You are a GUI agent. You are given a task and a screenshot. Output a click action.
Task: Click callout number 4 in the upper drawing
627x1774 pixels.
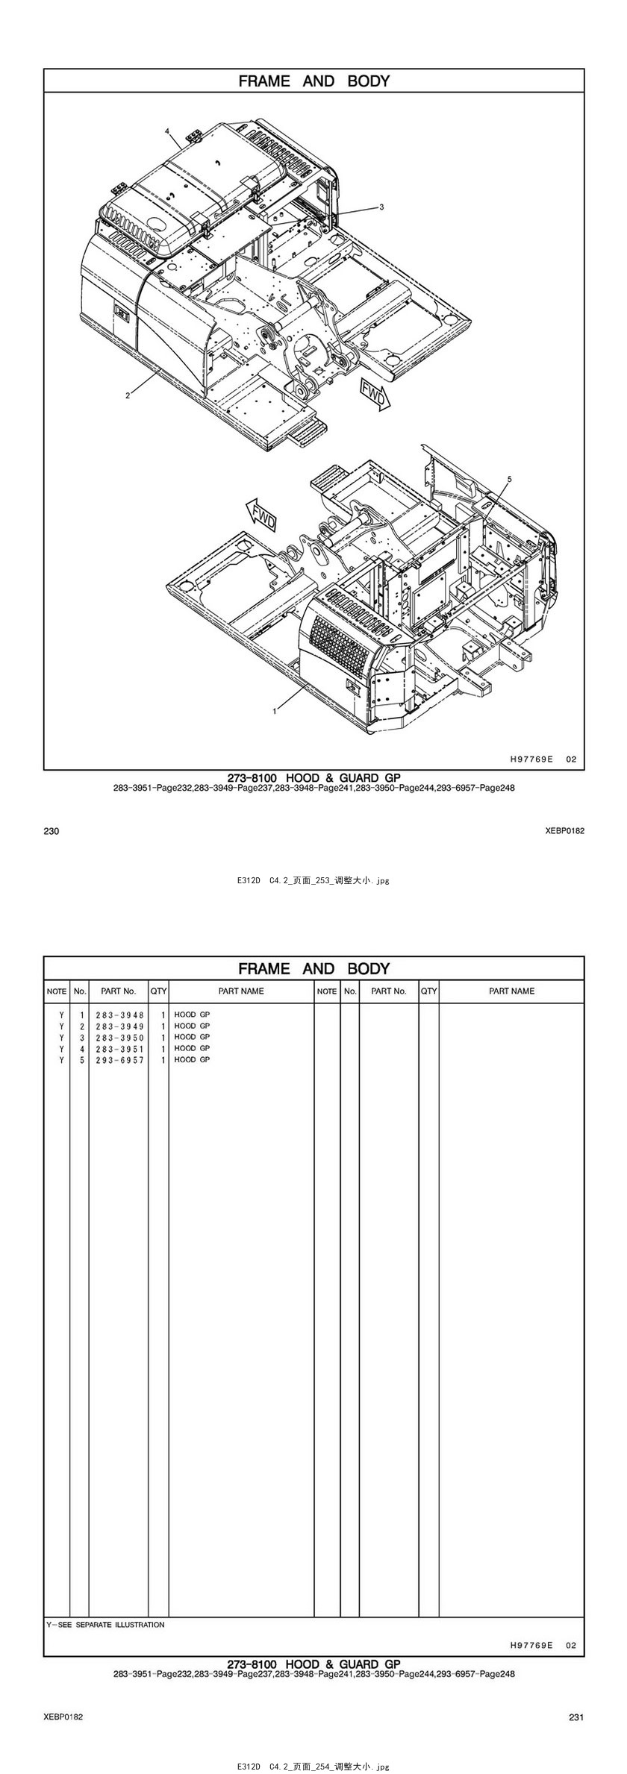click(168, 131)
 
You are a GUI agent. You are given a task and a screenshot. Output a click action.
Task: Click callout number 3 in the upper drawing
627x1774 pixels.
click(381, 207)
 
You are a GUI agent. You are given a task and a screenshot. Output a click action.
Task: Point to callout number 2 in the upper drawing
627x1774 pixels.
click(128, 395)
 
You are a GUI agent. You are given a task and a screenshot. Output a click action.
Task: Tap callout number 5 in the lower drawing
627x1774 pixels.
click(509, 478)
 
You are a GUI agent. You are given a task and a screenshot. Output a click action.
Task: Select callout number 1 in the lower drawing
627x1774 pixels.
click(275, 711)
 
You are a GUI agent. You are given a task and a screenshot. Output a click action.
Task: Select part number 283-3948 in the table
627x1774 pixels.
click(119, 1015)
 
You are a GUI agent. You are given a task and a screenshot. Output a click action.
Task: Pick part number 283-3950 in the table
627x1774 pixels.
click(119, 1038)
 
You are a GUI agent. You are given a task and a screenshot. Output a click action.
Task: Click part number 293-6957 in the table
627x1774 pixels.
click(119, 1060)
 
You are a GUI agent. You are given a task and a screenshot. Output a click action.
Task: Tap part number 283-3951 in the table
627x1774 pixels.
click(119, 1049)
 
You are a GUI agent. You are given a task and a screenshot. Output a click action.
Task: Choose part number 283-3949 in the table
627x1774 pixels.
click(119, 1027)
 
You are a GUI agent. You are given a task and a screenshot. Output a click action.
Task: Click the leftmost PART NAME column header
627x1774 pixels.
click(241, 991)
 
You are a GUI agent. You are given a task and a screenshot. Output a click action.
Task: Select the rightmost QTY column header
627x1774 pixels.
click(428, 991)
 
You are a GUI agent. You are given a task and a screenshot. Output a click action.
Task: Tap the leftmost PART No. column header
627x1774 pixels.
click(119, 991)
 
